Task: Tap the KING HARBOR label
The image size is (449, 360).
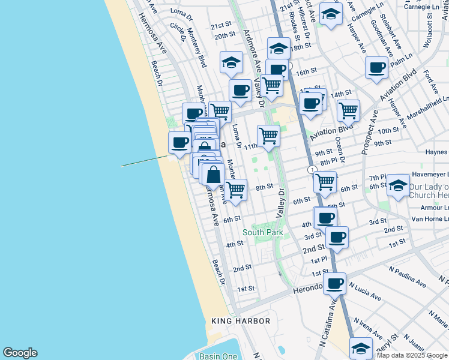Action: click(x=241, y=322)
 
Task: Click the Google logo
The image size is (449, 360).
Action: click(x=20, y=353)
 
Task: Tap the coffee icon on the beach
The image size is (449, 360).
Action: click(x=179, y=142)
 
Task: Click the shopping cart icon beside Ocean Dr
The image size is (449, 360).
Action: click(x=348, y=110)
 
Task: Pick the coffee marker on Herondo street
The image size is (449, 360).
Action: click(x=334, y=282)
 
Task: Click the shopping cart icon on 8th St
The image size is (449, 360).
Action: click(x=236, y=189)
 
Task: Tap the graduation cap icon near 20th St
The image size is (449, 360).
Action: click(x=231, y=61)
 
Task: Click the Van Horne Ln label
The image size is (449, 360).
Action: click(x=430, y=219)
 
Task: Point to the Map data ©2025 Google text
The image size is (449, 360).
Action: click(x=412, y=355)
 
